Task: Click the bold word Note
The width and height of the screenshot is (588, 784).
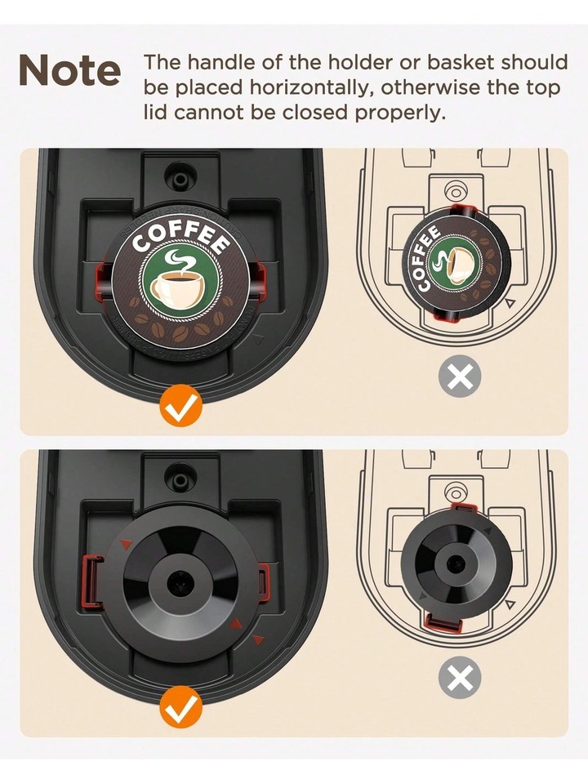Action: click(69, 71)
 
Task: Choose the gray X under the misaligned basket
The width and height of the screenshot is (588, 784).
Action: click(461, 678)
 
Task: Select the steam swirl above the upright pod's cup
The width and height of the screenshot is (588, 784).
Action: click(179, 261)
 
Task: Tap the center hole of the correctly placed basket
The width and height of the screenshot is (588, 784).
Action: click(176, 583)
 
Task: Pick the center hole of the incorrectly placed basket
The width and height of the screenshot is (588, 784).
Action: click(456, 564)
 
